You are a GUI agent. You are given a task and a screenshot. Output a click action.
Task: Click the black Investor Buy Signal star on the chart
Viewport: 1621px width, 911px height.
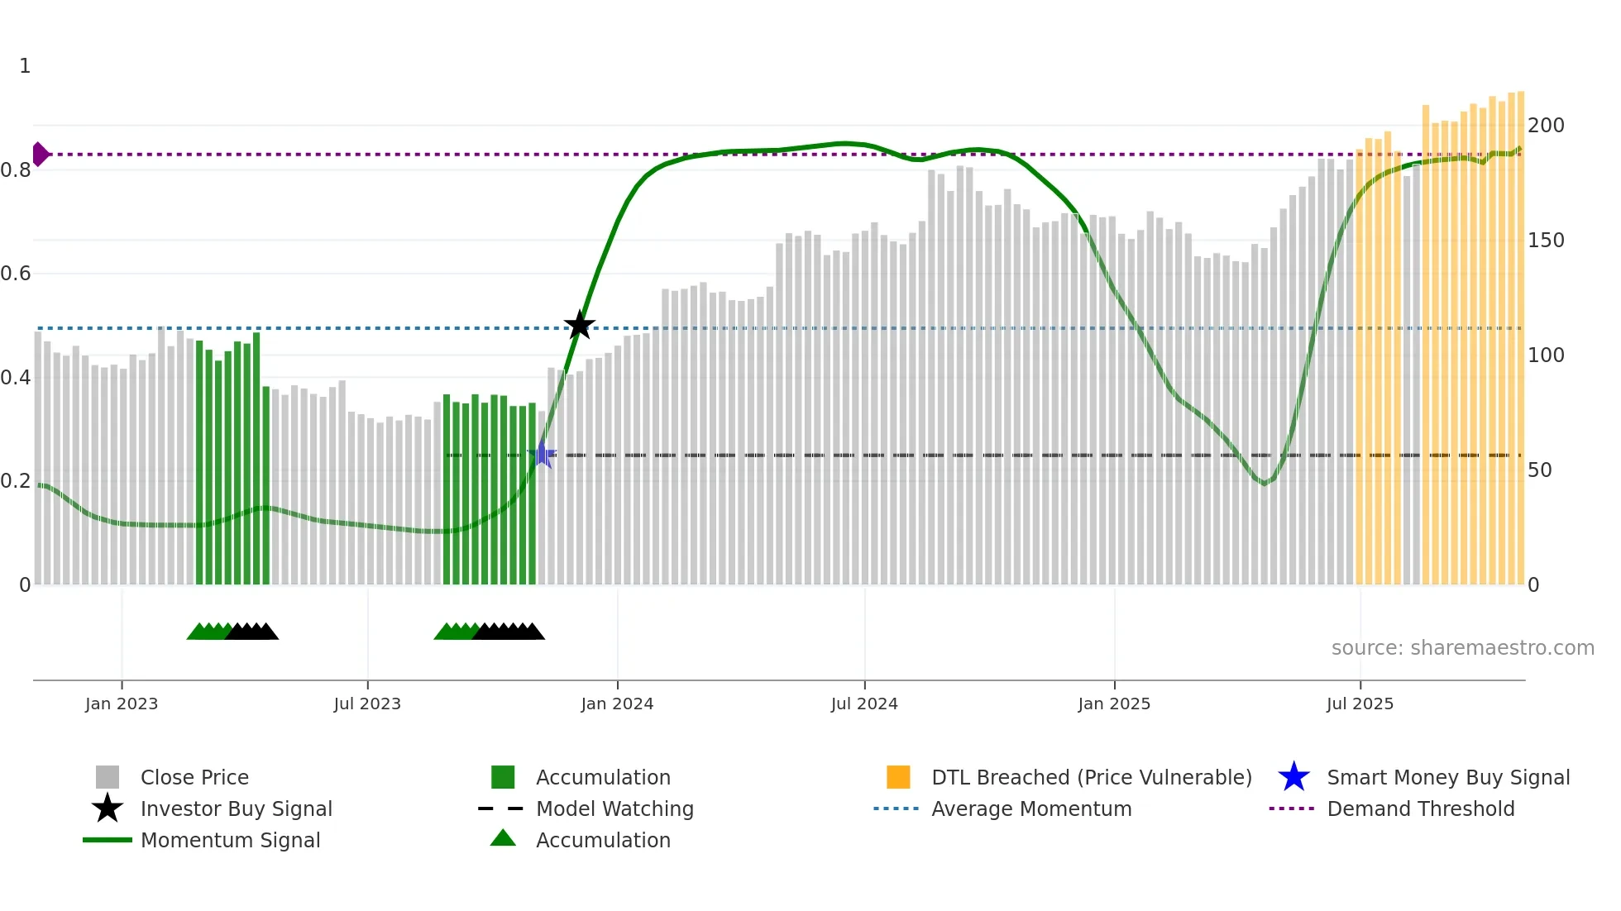click(580, 325)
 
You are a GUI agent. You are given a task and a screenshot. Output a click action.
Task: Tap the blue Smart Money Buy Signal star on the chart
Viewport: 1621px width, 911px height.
click(542, 454)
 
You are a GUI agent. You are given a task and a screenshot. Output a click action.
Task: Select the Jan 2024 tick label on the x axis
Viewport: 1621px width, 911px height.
click(617, 704)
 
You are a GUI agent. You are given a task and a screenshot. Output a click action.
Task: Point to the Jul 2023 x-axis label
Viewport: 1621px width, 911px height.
click(367, 704)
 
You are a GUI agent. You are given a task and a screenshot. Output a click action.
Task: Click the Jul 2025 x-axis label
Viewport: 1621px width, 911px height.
click(1360, 704)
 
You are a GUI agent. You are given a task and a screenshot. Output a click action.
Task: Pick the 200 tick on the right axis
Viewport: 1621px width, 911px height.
click(1546, 126)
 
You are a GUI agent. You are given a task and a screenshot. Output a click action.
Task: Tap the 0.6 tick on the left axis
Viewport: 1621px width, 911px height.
click(16, 274)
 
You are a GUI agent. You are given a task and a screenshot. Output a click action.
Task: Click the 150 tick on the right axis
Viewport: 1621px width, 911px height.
click(1546, 241)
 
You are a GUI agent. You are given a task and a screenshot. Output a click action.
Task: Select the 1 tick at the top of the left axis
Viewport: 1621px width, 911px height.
click(25, 66)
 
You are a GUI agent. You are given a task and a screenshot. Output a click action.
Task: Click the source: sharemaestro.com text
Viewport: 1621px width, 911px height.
click(1462, 648)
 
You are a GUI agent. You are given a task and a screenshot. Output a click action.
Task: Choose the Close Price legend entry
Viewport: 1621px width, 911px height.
click(194, 777)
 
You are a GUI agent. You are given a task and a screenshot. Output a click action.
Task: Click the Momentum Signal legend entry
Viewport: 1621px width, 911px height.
click(230, 840)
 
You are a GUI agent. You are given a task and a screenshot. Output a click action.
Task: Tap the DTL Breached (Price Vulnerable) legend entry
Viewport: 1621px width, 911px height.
click(1091, 777)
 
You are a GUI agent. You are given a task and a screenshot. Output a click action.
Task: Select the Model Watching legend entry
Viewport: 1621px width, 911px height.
click(614, 808)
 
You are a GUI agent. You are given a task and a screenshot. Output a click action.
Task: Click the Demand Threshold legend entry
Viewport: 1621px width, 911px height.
click(1420, 808)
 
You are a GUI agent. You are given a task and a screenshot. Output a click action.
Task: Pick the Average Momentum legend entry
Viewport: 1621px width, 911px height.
click(1031, 808)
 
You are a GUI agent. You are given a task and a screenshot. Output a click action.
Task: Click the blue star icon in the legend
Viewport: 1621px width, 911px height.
click(1293, 777)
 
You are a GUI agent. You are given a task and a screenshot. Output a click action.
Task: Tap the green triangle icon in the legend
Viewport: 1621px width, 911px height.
click(503, 838)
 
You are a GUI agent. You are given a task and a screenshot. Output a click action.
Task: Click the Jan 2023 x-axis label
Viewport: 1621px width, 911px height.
click(122, 704)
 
